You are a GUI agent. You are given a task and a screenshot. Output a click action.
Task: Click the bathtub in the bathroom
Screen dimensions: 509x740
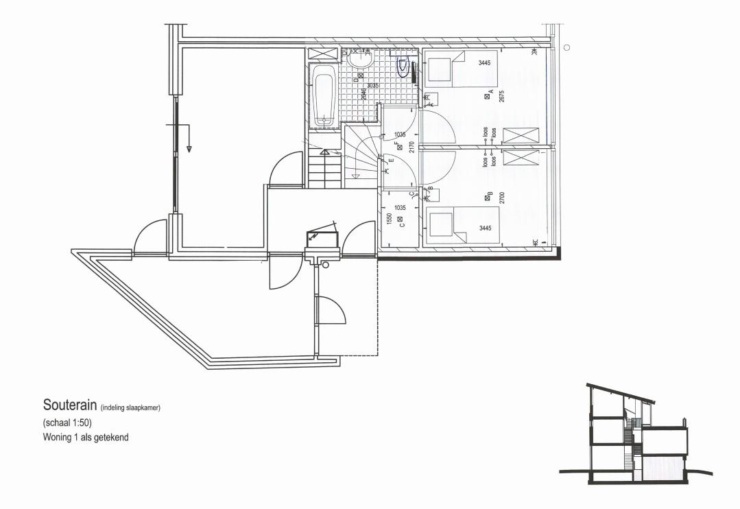click(x=322, y=96)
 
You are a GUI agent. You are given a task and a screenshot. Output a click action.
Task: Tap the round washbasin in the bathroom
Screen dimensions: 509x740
click(x=359, y=61)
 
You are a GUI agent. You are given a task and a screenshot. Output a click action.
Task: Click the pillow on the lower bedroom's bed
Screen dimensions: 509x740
click(x=439, y=222)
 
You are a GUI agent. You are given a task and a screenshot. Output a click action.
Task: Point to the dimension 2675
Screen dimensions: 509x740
click(x=501, y=96)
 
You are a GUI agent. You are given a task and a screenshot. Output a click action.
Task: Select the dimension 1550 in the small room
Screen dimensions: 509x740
click(x=389, y=219)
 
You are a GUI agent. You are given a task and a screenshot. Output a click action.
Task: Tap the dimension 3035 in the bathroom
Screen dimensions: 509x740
click(x=373, y=86)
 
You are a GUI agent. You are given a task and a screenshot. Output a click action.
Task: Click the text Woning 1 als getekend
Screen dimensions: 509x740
click(x=86, y=436)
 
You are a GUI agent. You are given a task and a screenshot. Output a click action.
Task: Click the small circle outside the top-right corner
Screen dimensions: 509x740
click(x=566, y=47)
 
